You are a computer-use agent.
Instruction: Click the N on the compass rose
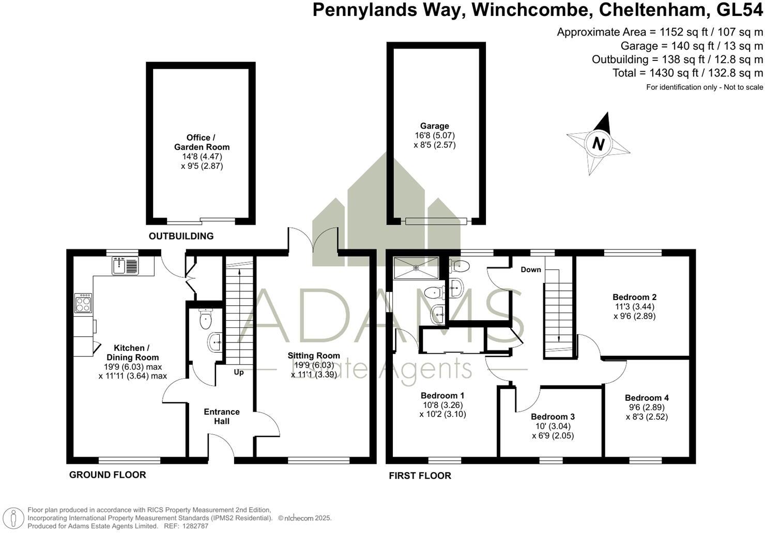(x=598, y=144)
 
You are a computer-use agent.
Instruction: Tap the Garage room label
(x=434, y=126)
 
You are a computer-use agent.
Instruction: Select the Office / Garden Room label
(x=202, y=143)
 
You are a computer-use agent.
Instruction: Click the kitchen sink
(x=125, y=266)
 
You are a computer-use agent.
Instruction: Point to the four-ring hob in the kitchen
(x=83, y=303)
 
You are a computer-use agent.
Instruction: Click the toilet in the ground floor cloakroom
(x=206, y=319)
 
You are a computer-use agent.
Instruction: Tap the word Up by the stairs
(x=239, y=372)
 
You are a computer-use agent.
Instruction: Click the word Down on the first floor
(x=531, y=270)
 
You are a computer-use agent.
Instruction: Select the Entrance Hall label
(x=222, y=416)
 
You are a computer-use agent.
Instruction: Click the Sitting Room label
(x=314, y=355)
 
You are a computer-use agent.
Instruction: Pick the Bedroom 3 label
(x=553, y=417)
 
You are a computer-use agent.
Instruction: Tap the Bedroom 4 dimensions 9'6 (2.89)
(x=647, y=407)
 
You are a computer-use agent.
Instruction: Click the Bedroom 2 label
(x=635, y=297)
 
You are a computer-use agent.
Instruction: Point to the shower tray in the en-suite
(x=416, y=268)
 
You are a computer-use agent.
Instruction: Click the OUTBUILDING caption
(x=181, y=236)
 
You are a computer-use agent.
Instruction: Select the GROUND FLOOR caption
(x=108, y=475)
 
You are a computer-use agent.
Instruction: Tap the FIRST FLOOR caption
(x=420, y=476)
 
